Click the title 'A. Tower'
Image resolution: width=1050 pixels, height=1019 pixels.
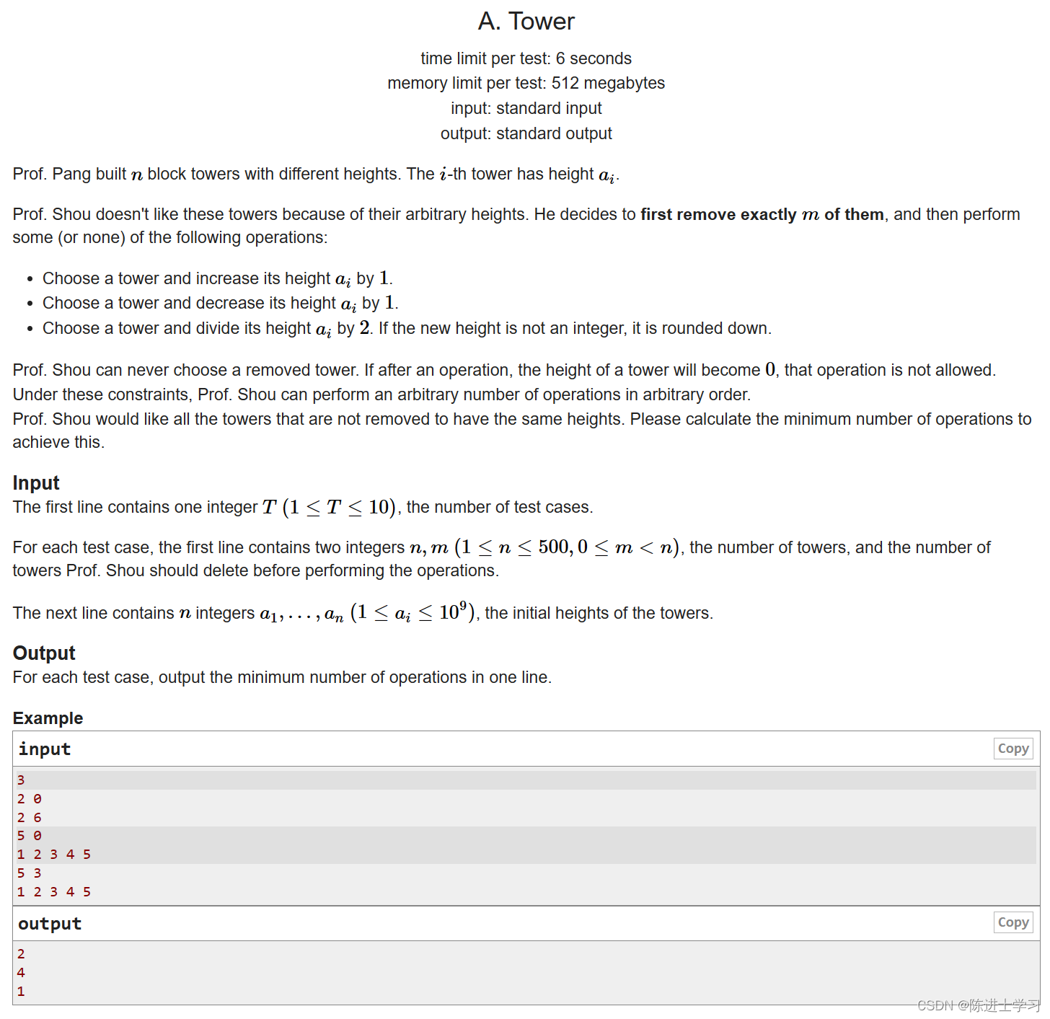(x=526, y=22)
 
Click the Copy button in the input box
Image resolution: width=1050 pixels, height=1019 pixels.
(x=1012, y=749)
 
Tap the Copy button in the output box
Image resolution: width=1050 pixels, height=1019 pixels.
(x=1012, y=922)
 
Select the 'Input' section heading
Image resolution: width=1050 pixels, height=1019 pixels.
(x=36, y=483)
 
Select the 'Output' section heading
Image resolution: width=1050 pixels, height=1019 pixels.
(x=44, y=653)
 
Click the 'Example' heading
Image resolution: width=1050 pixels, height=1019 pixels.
(x=48, y=718)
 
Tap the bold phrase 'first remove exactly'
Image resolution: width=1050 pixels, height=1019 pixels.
(x=718, y=215)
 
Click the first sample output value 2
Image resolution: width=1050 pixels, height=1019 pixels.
(x=21, y=954)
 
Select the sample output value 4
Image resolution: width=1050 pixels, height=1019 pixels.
(x=21, y=973)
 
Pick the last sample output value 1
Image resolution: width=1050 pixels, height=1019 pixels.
(x=21, y=992)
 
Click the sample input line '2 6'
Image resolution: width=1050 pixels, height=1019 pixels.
(x=29, y=818)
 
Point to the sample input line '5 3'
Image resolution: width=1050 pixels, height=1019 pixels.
(x=29, y=873)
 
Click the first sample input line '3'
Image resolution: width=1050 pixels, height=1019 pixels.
(x=21, y=780)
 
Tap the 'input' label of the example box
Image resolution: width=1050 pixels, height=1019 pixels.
(x=45, y=749)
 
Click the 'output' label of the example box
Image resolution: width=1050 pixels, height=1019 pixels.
(x=50, y=924)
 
